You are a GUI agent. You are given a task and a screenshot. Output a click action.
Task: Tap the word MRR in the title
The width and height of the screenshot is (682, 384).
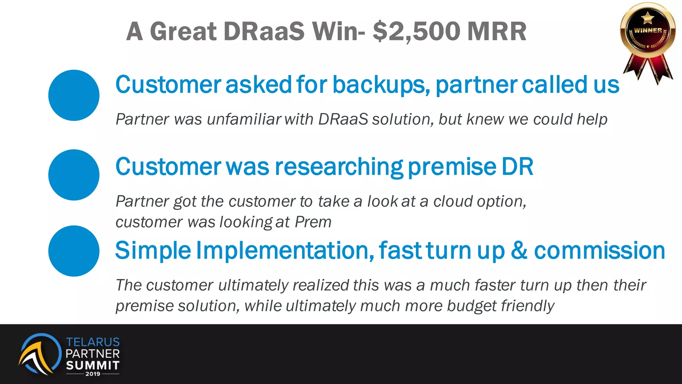(497, 32)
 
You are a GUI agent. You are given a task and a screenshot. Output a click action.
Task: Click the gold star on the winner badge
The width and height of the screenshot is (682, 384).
(647, 17)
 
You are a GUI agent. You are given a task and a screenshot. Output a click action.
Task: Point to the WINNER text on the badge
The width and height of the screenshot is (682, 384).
(648, 30)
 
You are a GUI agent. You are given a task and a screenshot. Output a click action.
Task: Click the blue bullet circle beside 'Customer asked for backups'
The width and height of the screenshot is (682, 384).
(74, 95)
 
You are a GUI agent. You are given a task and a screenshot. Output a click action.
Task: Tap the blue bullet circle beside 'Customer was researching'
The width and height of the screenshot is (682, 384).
(74, 175)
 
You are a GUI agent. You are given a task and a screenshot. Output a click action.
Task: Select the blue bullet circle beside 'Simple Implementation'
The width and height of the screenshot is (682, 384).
(74, 251)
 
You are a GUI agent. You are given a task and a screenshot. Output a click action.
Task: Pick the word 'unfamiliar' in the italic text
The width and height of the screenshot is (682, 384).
(244, 119)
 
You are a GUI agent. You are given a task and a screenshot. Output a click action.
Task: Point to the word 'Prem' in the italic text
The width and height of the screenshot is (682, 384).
(313, 222)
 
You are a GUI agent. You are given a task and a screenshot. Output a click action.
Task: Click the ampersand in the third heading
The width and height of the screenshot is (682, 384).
(519, 251)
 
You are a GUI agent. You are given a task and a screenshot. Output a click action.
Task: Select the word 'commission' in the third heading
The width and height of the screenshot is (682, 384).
(599, 251)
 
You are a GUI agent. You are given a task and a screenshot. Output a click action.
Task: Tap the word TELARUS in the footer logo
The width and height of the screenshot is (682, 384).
(93, 342)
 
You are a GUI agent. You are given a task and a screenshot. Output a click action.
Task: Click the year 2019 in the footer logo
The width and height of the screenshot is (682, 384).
(93, 374)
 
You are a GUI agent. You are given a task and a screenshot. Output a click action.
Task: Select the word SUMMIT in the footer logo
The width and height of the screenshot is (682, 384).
(93, 365)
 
